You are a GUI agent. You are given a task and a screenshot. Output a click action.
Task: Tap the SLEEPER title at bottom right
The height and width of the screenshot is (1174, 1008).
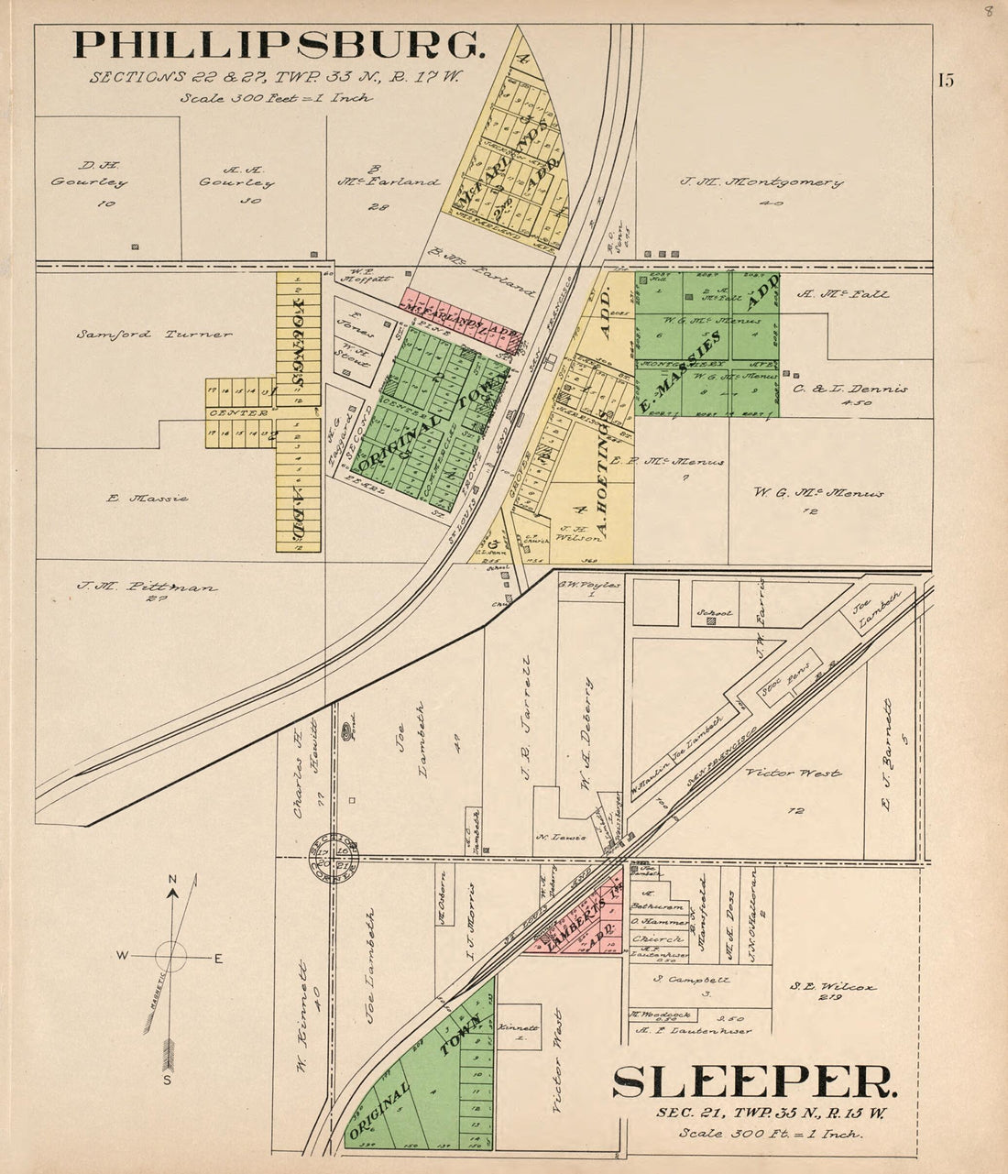(x=755, y=1082)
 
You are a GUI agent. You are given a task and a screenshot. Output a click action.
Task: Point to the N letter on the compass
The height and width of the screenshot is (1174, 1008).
(x=172, y=880)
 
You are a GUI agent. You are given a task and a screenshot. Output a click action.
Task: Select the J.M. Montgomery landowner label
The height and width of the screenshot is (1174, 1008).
(x=761, y=182)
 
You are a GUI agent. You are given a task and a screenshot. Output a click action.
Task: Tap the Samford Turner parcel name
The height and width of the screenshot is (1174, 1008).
(x=154, y=335)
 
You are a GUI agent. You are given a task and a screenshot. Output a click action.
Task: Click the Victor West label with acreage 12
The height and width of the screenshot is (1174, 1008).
(x=793, y=773)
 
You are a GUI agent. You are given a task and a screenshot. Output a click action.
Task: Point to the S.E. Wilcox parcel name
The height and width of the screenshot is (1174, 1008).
(x=832, y=987)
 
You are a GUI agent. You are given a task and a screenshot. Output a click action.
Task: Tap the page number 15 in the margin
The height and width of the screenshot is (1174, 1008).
(x=945, y=80)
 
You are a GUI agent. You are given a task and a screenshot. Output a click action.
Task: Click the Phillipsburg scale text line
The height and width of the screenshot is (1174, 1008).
(x=276, y=97)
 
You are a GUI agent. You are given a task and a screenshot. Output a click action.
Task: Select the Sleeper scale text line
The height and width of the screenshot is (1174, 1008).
(x=771, y=1134)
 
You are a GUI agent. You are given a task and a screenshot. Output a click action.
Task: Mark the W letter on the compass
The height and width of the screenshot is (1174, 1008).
(x=122, y=956)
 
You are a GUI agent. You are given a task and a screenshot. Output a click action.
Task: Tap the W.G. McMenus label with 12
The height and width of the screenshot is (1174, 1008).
(x=818, y=493)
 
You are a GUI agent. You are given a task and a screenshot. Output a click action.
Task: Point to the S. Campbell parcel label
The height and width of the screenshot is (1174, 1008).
(x=693, y=980)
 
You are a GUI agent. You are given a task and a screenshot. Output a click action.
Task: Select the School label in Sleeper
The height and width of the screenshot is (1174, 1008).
(x=715, y=612)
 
